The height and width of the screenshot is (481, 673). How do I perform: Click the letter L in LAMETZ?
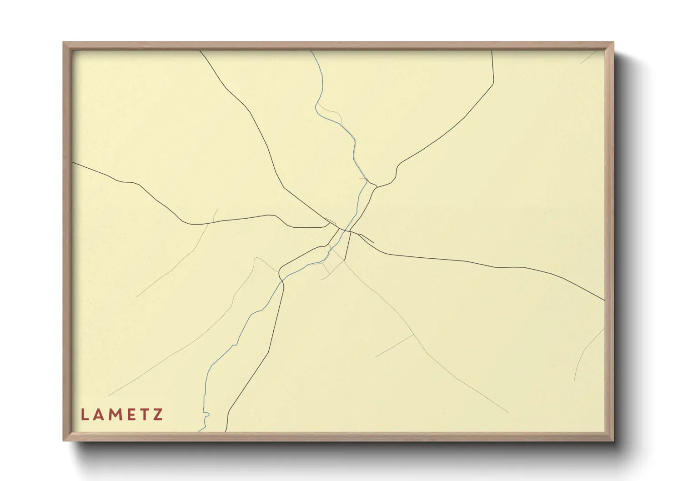84,415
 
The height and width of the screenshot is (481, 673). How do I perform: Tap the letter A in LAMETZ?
99,415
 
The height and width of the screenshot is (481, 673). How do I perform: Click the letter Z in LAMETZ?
158,415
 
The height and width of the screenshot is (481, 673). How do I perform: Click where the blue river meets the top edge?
311,51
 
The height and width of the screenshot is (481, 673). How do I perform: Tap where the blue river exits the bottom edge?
199,431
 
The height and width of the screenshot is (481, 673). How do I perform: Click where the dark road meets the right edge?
604,300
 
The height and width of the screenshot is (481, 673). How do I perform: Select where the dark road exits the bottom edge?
226,431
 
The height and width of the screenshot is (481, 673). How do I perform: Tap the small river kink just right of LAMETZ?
206,415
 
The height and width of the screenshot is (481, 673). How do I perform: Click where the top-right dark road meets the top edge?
492,51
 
